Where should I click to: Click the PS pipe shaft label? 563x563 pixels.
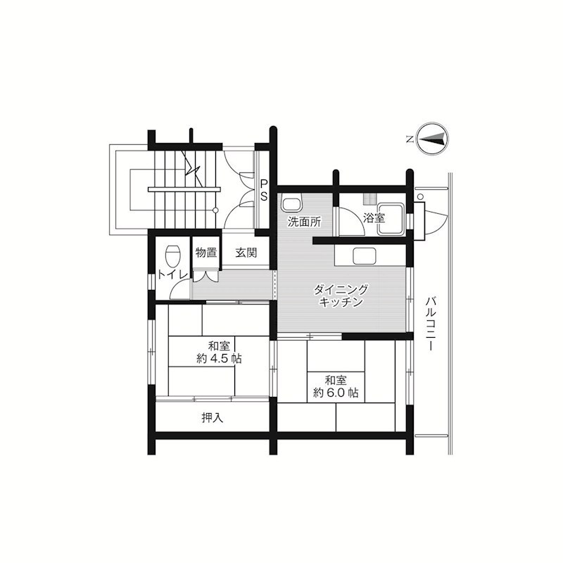tap(264, 191)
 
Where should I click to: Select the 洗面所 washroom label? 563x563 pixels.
tap(304, 222)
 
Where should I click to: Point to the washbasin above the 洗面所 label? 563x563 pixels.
tap(290, 205)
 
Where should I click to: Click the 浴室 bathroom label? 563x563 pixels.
tap(374, 217)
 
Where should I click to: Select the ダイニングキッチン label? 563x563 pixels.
tap(341, 296)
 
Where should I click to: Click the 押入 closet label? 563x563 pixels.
tap(212, 418)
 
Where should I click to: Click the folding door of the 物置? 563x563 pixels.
tap(206, 274)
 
